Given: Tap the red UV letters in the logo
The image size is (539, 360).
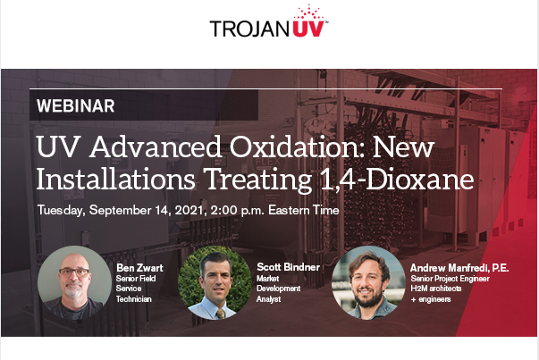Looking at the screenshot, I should [x=301, y=28].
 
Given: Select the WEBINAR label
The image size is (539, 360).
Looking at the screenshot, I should [x=76, y=105].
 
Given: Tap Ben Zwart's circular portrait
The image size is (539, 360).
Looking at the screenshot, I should [x=75, y=282].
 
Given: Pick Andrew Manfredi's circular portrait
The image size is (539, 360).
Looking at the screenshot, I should [x=366, y=282].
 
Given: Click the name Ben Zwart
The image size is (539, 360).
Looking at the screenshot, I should [x=138, y=266].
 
